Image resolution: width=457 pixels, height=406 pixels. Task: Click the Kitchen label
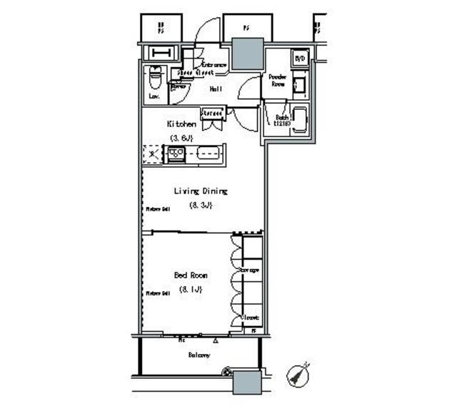pyautogui.click(x=181, y=123)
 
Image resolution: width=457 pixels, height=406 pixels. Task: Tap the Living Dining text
pyautogui.click(x=201, y=191)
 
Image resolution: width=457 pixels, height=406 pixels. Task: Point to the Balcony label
pyautogui.click(x=199, y=355)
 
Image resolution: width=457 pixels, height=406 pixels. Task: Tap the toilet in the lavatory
pyautogui.click(x=154, y=75)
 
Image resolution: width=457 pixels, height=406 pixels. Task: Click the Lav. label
pyautogui.click(x=154, y=95)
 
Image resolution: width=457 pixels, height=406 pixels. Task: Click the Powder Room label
pyautogui.click(x=278, y=80)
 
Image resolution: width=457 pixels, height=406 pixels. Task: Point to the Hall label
pyautogui.click(x=214, y=89)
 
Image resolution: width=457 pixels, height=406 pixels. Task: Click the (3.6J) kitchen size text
pyautogui.click(x=182, y=137)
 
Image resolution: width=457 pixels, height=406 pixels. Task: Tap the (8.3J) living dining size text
pyautogui.click(x=201, y=205)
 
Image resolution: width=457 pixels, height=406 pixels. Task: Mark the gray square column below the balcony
pyautogui.click(x=250, y=382)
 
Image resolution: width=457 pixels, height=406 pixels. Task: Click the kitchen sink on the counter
pyautogui.click(x=209, y=153)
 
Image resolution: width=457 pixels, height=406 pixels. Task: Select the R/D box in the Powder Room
pyautogui.click(x=301, y=59)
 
